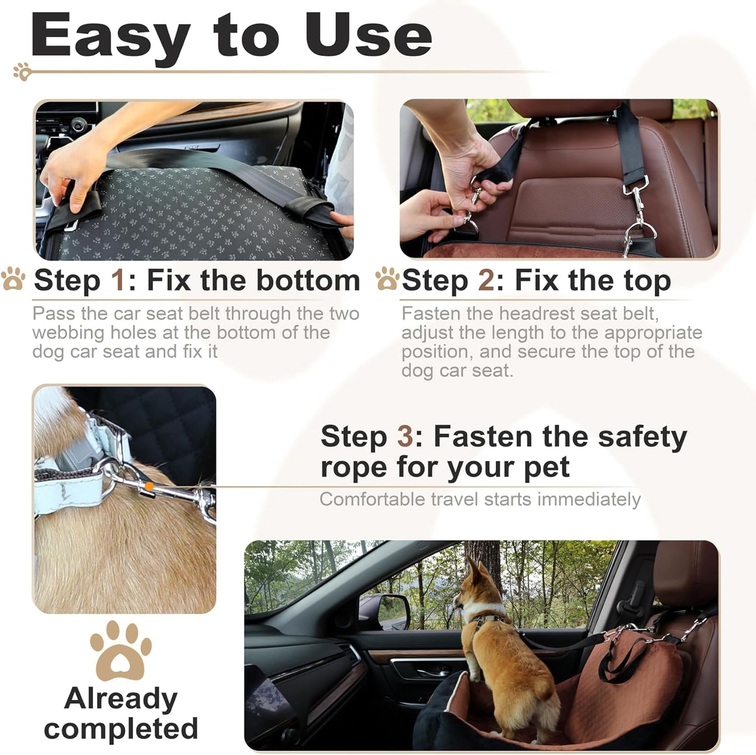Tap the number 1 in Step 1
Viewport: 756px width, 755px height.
(x=118, y=281)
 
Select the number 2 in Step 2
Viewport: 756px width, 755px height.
(x=486, y=281)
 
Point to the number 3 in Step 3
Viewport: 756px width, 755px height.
(x=405, y=436)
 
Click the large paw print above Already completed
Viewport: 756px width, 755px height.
(x=120, y=651)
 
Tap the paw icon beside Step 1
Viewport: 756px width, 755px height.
(x=13, y=279)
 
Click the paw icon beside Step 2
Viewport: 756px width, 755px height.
(x=387, y=279)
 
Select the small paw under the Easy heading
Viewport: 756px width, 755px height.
(x=22, y=72)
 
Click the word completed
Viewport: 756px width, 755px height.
(x=121, y=729)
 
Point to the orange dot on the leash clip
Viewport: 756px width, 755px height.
(x=149, y=486)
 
